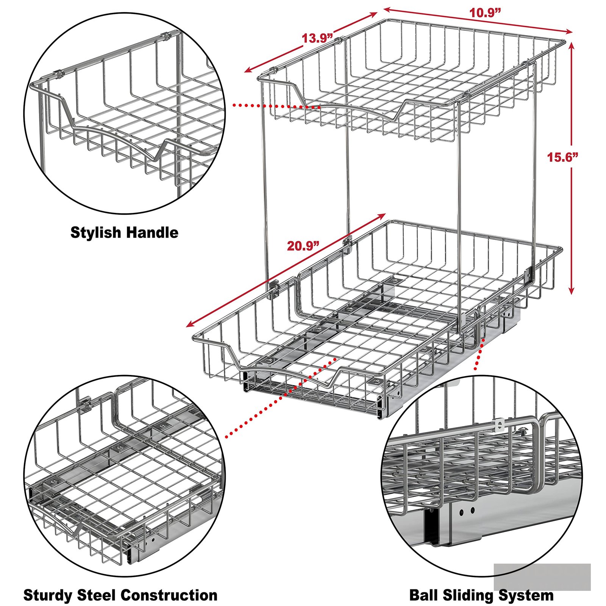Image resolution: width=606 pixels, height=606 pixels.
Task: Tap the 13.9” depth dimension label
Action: (317, 38)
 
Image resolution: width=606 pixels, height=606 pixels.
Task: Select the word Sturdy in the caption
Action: (48, 595)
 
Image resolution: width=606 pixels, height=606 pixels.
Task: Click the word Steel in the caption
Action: (96, 595)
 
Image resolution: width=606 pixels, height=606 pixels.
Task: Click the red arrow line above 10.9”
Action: (478, 20)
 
